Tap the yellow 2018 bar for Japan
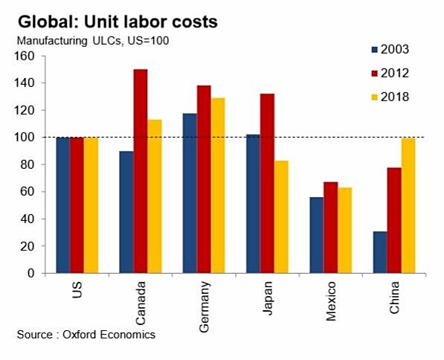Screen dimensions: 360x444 click(280, 216)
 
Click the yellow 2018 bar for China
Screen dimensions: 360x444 click(408, 205)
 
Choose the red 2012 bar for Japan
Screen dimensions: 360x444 click(266, 184)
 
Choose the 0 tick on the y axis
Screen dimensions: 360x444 click(31, 273)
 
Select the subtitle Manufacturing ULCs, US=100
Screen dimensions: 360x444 click(93, 40)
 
